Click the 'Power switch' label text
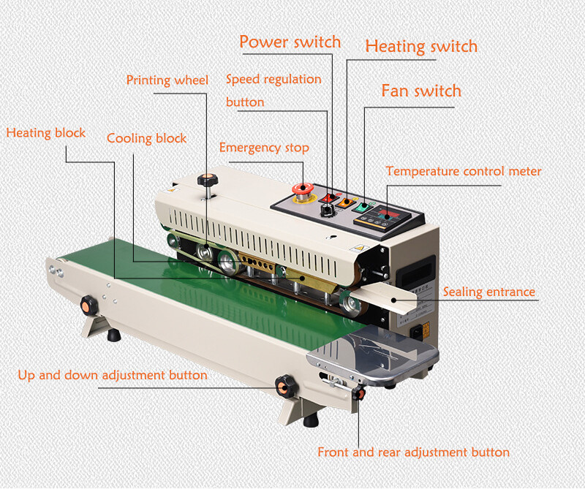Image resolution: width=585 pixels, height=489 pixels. click(x=290, y=42)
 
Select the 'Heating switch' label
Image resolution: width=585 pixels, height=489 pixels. click(x=421, y=46)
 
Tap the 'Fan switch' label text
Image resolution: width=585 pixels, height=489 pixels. click(x=421, y=91)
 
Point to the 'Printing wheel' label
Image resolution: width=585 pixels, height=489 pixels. click(x=167, y=80)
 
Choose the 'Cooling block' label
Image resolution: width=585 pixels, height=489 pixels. click(x=147, y=138)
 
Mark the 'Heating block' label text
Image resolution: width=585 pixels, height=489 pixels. click(x=46, y=133)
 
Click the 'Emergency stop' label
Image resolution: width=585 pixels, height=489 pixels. click(x=264, y=148)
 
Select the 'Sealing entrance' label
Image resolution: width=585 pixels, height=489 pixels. click(x=489, y=292)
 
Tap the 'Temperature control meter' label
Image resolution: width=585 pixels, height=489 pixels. click(x=464, y=172)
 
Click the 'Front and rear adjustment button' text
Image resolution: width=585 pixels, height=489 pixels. click(x=413, y=452)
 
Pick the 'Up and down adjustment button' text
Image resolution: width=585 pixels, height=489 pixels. click(x=113, y=375)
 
